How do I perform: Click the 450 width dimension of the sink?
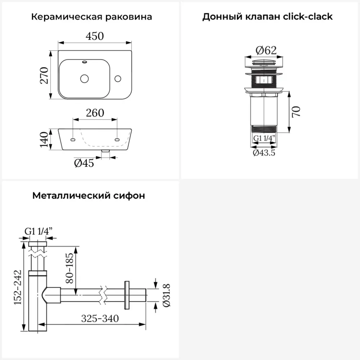point(95,36)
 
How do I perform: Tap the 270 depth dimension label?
point(44,75)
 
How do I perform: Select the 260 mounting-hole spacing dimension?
point(95,113)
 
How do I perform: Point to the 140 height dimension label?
point(44,139)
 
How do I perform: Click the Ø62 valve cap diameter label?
point(264,50)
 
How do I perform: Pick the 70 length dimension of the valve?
point(296,112)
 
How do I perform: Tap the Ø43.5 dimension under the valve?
point(264,153)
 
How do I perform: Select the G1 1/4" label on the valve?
point(264,138)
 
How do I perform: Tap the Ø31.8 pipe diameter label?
point(166,295)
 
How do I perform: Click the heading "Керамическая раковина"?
point(91,17)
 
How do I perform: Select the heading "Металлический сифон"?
point(89,195)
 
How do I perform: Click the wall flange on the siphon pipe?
point(127,295)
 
